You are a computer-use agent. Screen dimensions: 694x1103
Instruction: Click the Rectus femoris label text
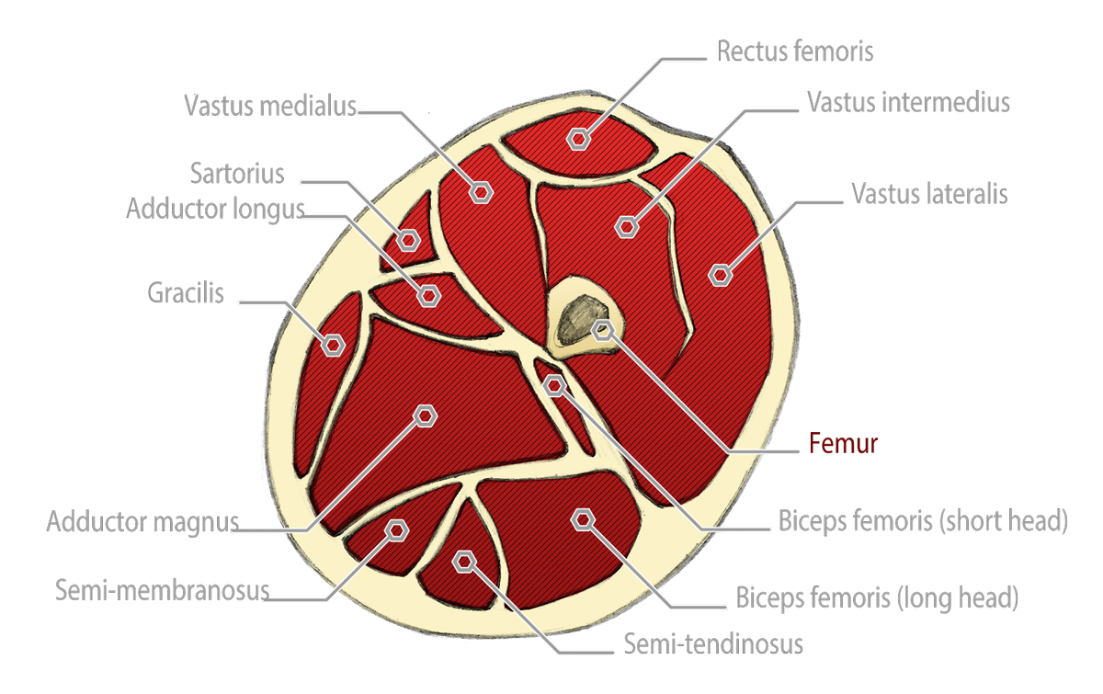point(794,51)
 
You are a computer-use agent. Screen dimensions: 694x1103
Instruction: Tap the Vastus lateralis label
point(928,194)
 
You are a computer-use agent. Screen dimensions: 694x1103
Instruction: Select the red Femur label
point(844,443)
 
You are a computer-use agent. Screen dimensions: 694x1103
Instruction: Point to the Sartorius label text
point(237,172)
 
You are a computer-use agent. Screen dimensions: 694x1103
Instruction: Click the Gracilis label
point(186,293)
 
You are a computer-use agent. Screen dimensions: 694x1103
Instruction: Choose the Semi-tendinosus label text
point(713,643)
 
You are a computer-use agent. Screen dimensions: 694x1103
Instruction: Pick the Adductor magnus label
point(142,522)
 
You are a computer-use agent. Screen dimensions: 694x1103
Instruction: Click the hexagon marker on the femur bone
point(602,330)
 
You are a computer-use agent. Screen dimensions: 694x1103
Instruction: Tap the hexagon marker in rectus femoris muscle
point(578,139)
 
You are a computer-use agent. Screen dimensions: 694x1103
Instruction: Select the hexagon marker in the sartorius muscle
point(408,240)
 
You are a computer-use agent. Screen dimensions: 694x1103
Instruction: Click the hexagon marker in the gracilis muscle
point(333,345)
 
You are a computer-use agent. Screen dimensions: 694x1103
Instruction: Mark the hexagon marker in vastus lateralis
point(721,273)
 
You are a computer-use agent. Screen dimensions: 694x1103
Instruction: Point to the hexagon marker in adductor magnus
point(425,415)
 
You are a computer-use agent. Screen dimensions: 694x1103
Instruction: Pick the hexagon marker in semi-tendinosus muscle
point(465,560)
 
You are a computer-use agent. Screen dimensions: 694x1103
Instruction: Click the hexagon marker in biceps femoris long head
point(582,520)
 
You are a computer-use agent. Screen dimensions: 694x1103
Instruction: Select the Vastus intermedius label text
point(908,102)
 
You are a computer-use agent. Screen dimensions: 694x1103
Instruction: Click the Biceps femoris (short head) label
point(922,520)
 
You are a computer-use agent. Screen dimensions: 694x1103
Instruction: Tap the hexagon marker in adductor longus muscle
point(428,295)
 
